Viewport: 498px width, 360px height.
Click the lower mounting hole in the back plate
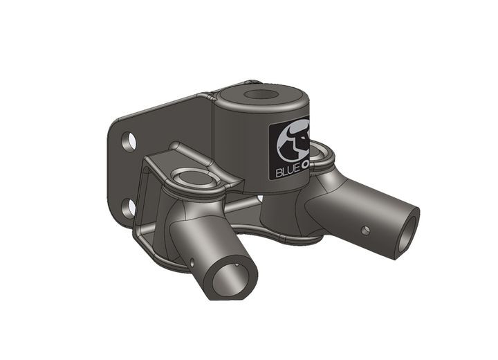click(128, 208)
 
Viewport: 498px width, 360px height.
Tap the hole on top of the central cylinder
click(260, 96)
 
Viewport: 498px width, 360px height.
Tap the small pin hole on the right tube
click(366, 230)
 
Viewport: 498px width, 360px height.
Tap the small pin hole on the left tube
click(191, 262)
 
